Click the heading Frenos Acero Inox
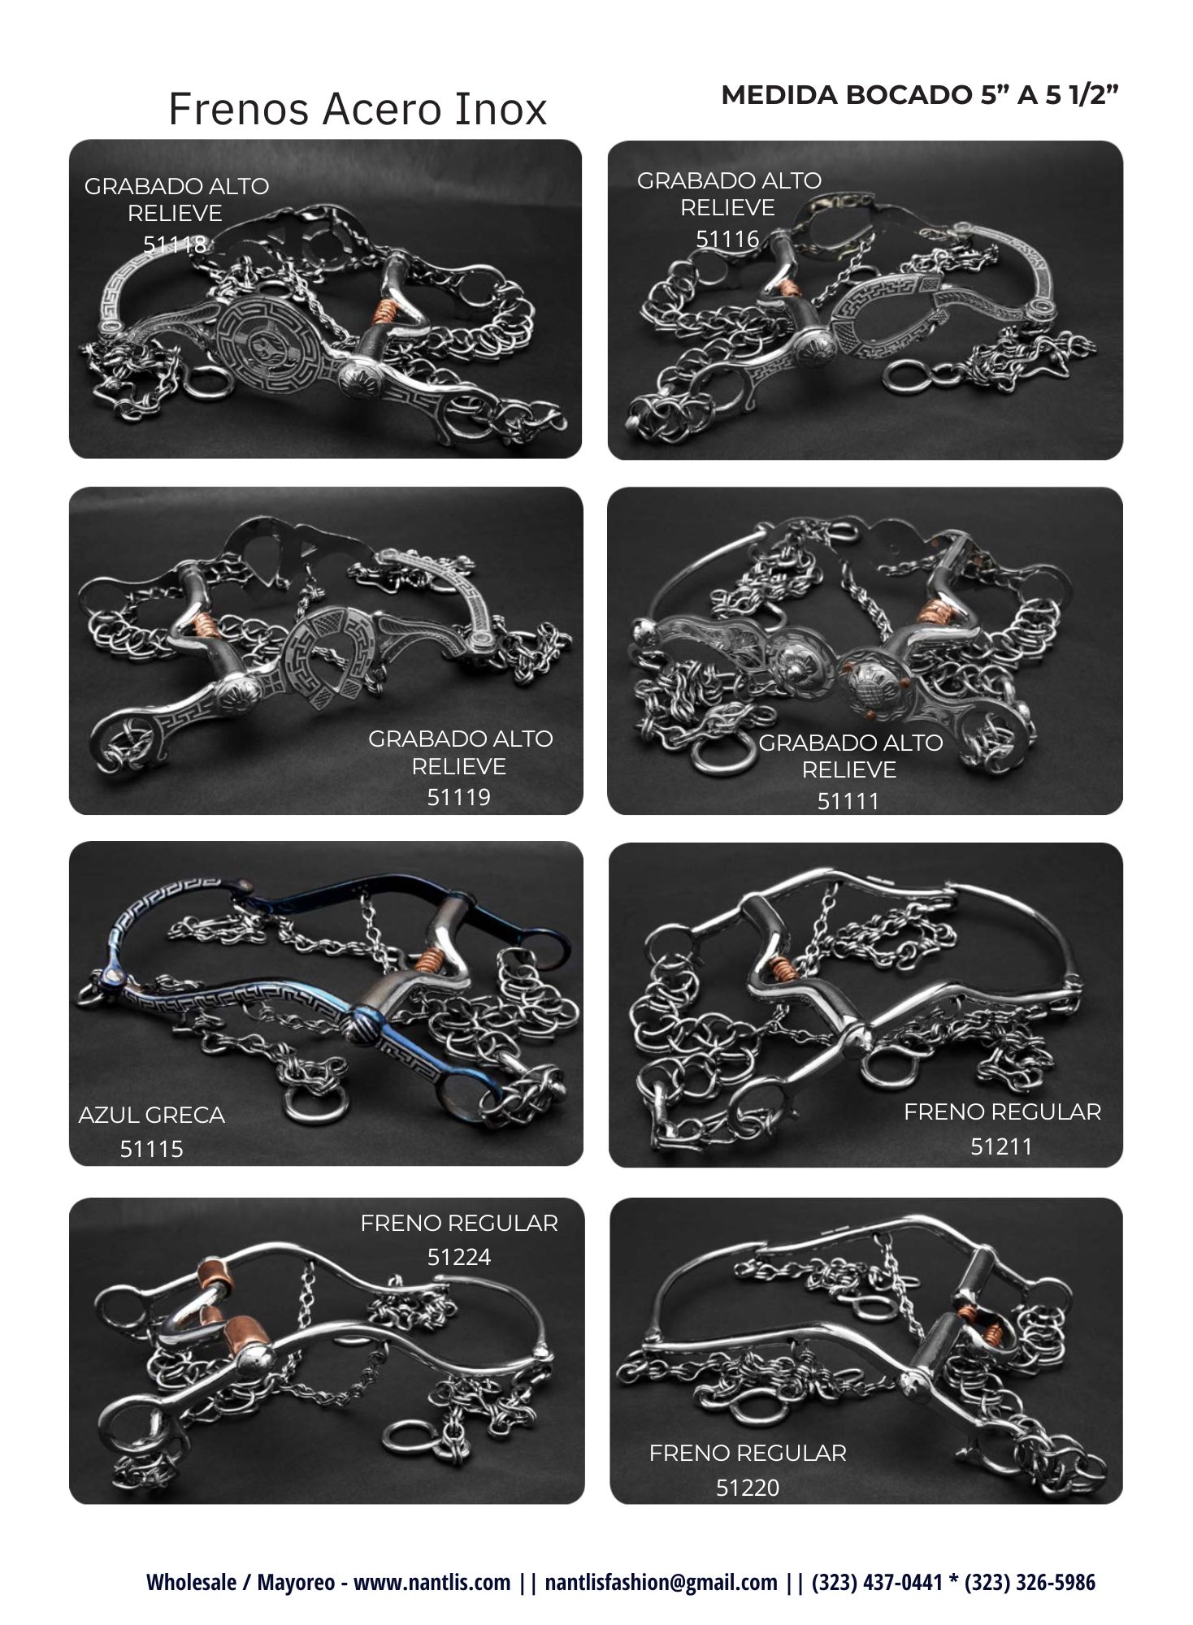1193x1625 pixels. point(358,109)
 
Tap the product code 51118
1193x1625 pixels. point(175,244)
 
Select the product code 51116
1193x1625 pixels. point(727,239)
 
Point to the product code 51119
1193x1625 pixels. point(459,796)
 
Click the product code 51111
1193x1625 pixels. point(848,801)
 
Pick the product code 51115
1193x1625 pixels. point(152,1149)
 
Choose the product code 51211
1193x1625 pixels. point(1001,1146)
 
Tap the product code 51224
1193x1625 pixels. point(459,1257)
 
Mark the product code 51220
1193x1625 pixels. point(748,1488)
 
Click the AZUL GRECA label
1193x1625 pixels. point(152,1115)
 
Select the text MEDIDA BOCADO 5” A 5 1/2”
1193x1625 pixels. point(920,95)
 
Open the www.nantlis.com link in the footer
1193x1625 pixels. point(432,1582)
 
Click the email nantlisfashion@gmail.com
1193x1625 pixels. point(661,1582)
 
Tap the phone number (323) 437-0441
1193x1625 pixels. point(877,1582)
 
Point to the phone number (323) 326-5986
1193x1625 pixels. point(1030,1582)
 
